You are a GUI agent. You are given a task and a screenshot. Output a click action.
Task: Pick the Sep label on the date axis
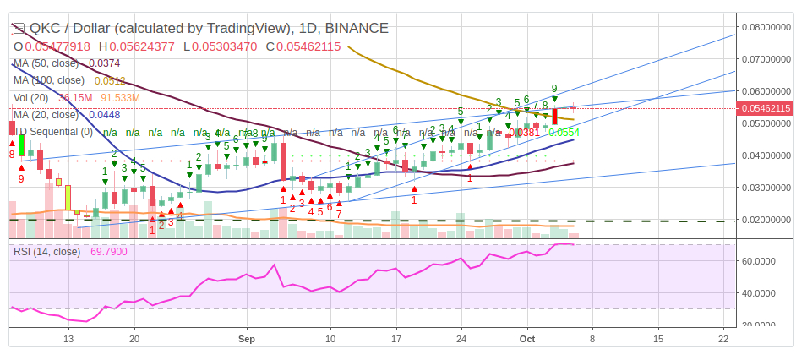(247, 338)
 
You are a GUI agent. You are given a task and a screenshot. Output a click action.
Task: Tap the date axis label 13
(69, 338)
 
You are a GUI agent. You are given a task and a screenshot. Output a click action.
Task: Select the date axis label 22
(722, 338)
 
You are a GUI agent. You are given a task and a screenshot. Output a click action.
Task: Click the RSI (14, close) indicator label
(46, 251)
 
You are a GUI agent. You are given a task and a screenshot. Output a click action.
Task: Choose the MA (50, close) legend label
(48, 63)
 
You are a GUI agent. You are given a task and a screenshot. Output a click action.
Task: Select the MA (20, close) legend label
(48, 115)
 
